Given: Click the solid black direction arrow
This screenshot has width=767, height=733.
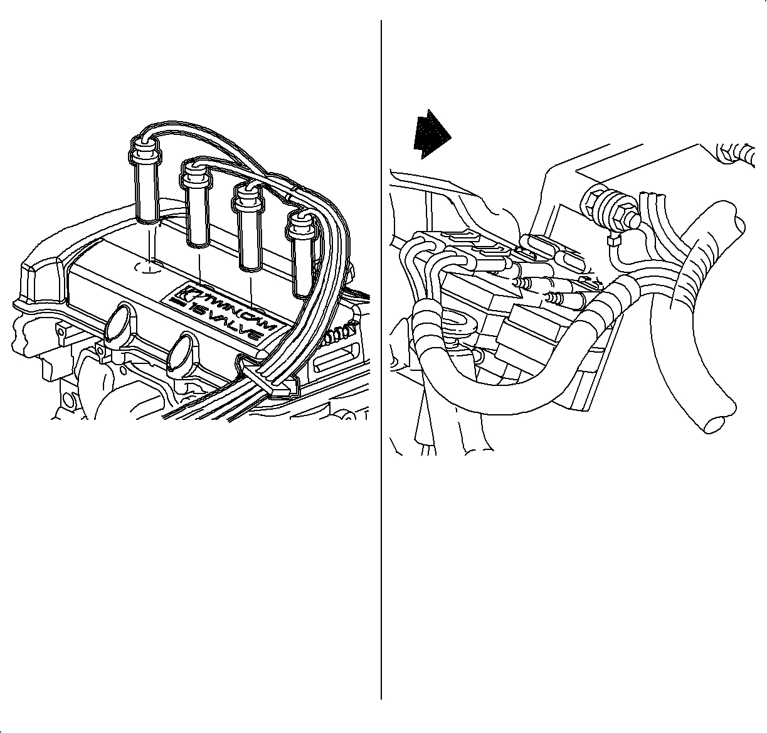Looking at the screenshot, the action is point(431,134).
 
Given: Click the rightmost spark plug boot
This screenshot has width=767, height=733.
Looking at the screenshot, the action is point(302,254).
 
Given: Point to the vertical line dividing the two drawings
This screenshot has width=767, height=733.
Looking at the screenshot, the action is point(381,360).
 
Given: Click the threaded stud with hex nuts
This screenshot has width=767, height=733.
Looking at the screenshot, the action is point(609,209).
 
